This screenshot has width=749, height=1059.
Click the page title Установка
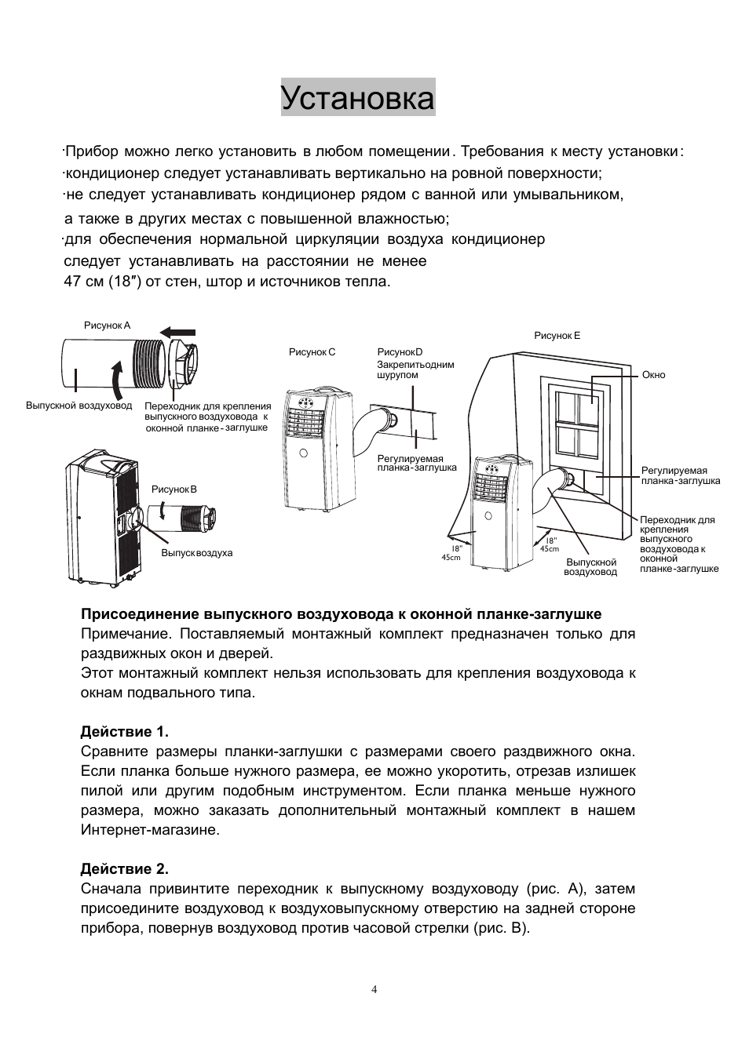(358, 99)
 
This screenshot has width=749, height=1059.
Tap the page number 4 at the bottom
(374, 989)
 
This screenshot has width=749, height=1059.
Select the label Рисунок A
(107, 326)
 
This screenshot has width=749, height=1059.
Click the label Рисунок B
(174, 489)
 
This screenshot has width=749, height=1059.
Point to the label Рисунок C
(312, 352)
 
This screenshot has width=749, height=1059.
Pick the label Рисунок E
(557, 336)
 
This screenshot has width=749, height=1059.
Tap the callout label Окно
(653, 375)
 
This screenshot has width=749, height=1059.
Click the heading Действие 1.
(124, 732)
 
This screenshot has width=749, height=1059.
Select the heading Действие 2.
(124, 869)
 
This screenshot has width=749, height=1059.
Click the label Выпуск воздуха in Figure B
(196, 553)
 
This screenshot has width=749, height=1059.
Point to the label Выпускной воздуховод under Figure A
(79, 406)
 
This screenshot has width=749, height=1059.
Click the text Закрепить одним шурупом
(415, 369)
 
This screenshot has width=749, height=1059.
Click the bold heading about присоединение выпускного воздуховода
(341, 614)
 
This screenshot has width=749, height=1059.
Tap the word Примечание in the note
(125, 634)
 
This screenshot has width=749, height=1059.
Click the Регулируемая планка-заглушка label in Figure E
(680, 475)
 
